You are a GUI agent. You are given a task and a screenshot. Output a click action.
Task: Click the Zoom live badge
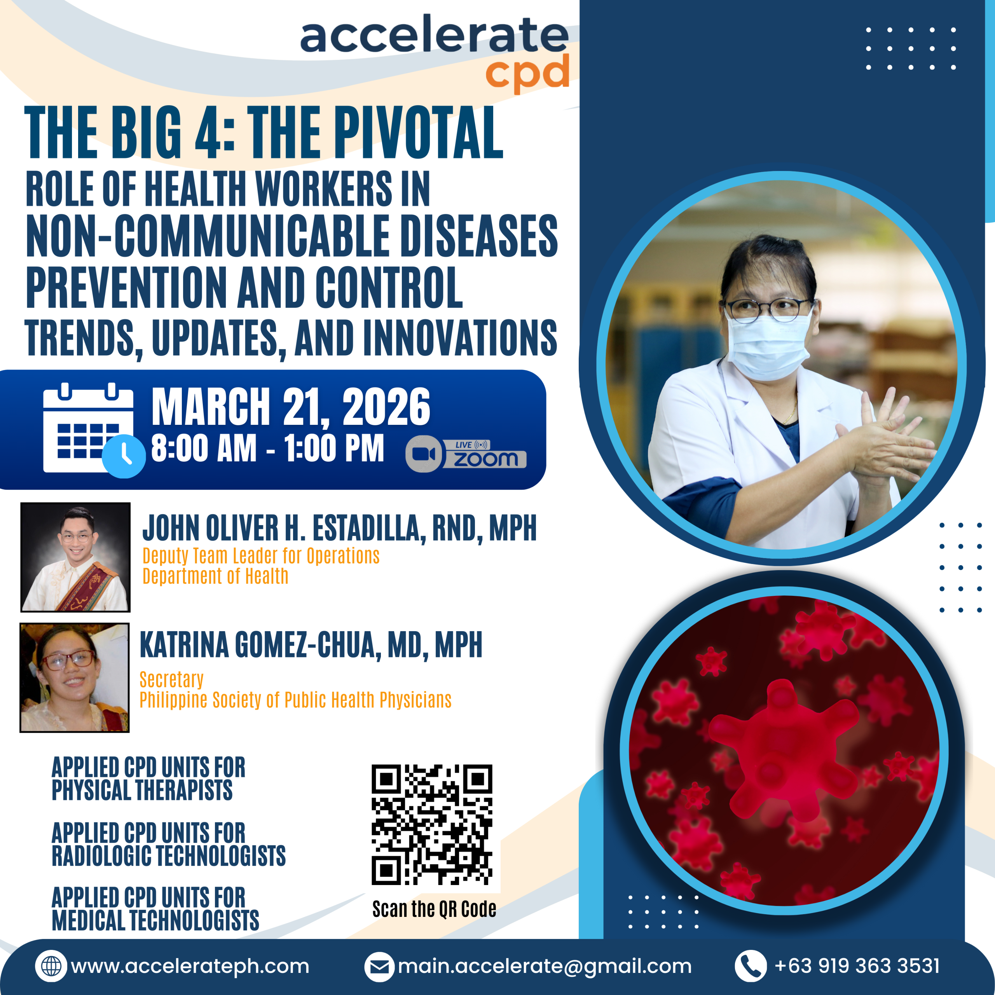tap(466, 454)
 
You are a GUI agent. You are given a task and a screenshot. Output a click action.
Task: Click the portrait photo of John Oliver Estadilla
tap(75, 557)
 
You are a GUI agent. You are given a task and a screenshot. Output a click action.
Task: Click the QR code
tap(432, 824)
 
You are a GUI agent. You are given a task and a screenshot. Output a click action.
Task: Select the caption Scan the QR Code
tap(434, 909)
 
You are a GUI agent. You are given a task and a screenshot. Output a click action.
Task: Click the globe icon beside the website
tap(51, 965)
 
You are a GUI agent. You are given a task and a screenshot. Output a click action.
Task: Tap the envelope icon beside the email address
tap(380, 967)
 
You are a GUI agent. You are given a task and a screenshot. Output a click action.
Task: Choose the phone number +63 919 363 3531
tap(857, 965)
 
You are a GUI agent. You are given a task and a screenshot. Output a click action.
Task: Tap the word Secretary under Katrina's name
tap(171, 679)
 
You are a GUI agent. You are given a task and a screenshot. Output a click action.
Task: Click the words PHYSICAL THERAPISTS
tap(142, 790)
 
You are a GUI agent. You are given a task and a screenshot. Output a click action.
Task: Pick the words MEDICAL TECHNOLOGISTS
tap(155, 920)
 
